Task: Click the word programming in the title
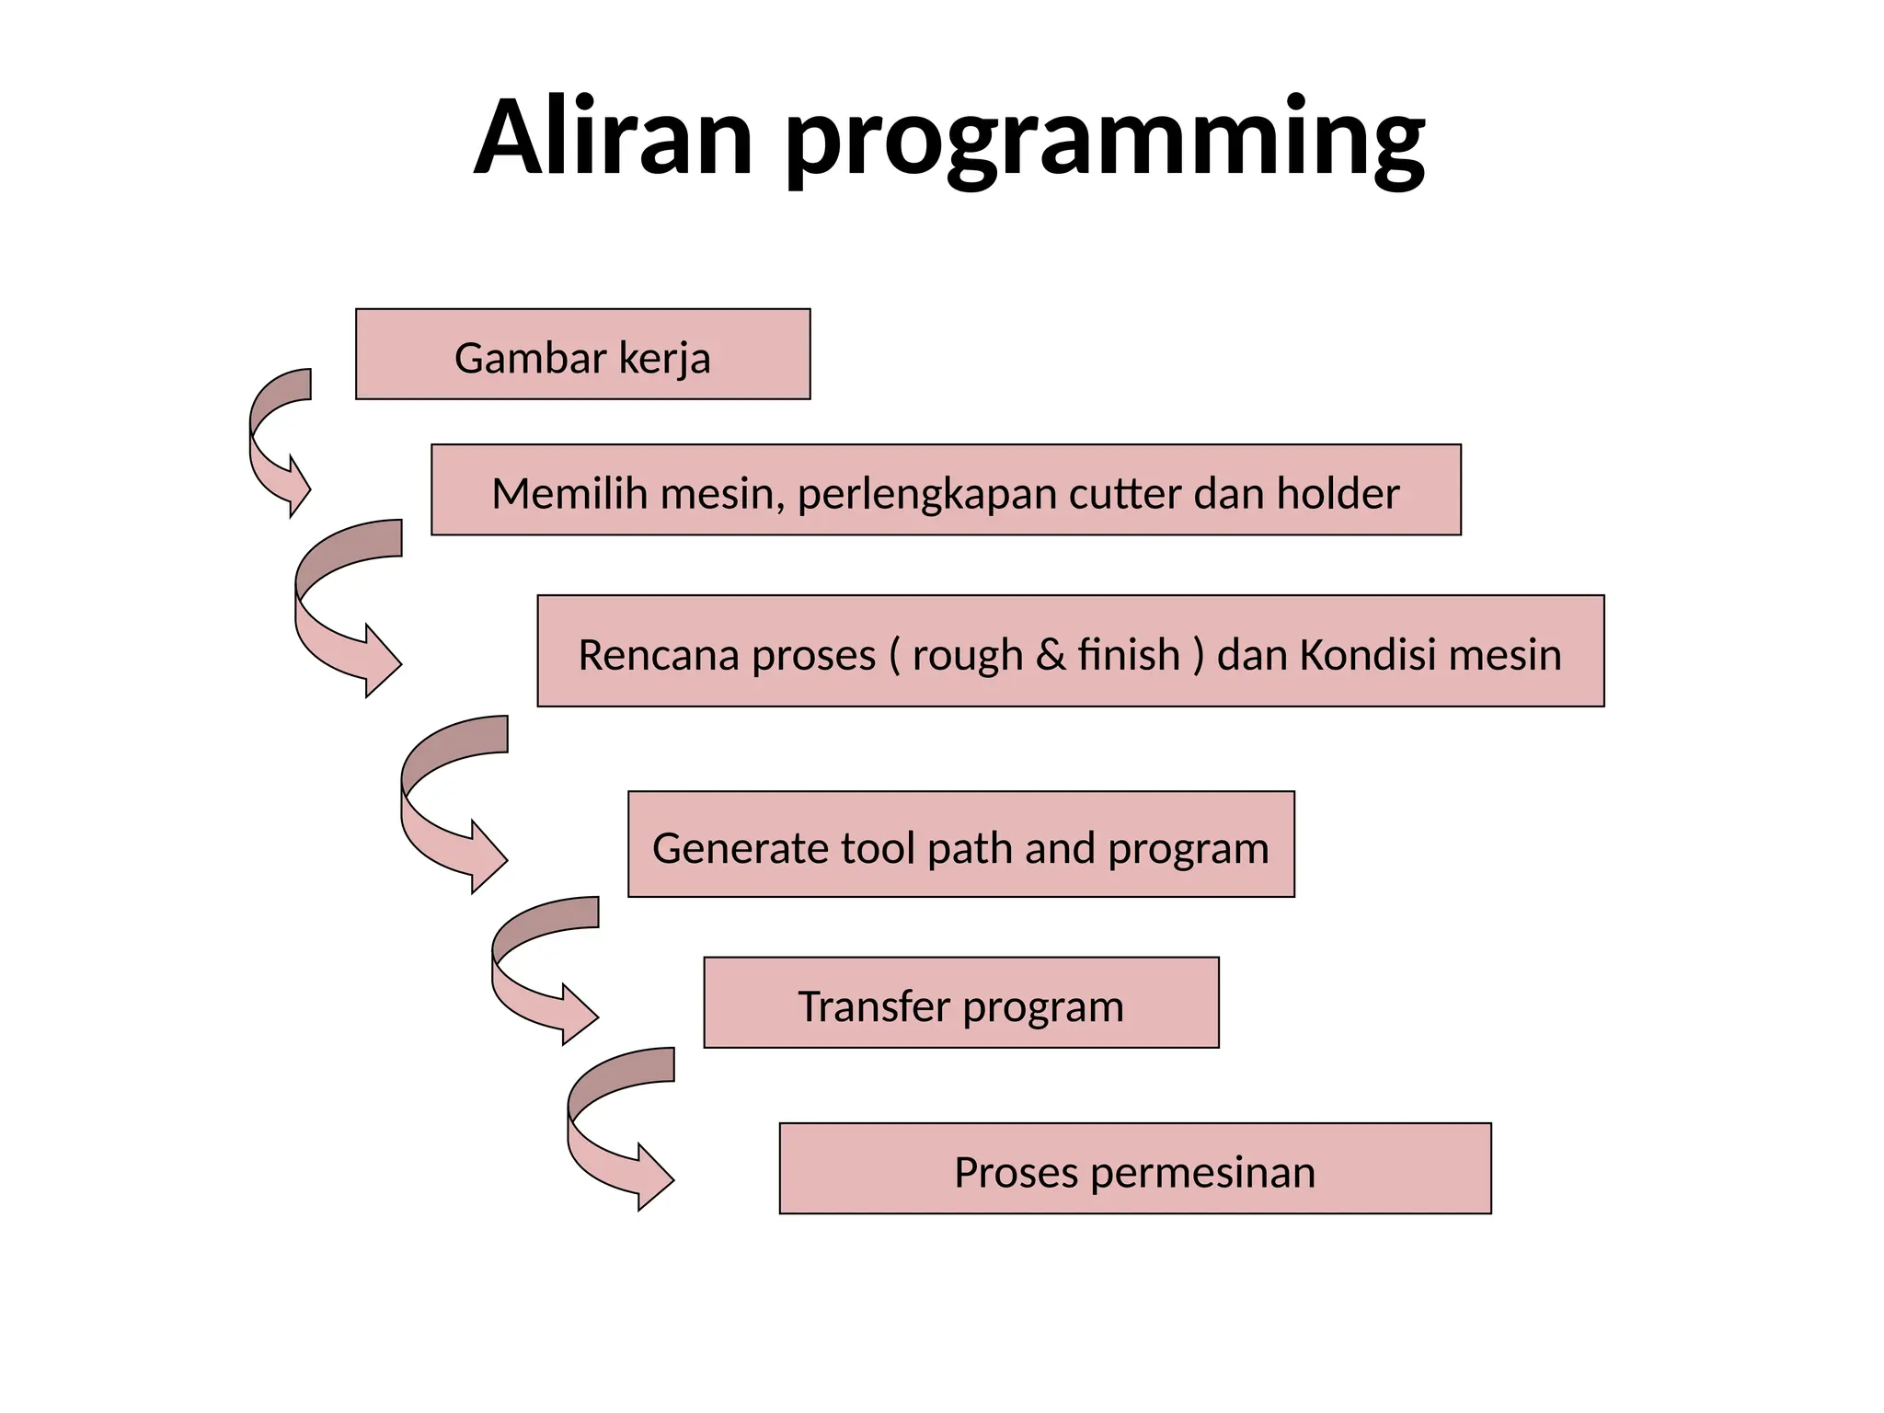tap(1105, 143)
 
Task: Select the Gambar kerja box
tap(582, 355)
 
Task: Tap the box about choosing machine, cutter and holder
tap(946, 490)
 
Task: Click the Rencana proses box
tap(1070, 651)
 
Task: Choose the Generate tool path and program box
tap(960, 844)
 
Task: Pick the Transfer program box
tap(960, 1003)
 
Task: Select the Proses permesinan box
tap(1134, 1168)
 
